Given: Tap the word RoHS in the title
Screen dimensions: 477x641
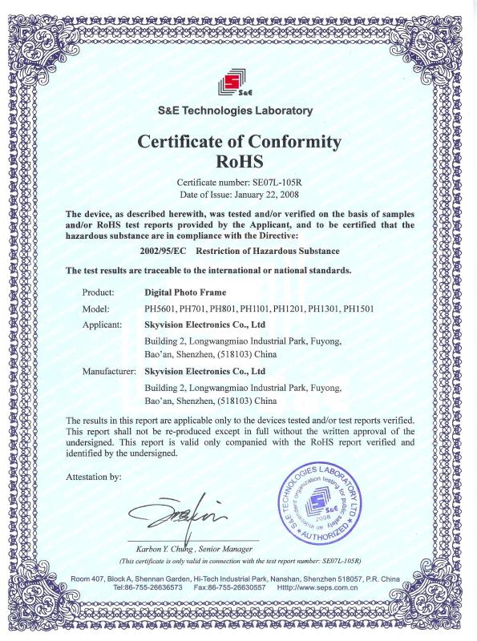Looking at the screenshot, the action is click(240, 161).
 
